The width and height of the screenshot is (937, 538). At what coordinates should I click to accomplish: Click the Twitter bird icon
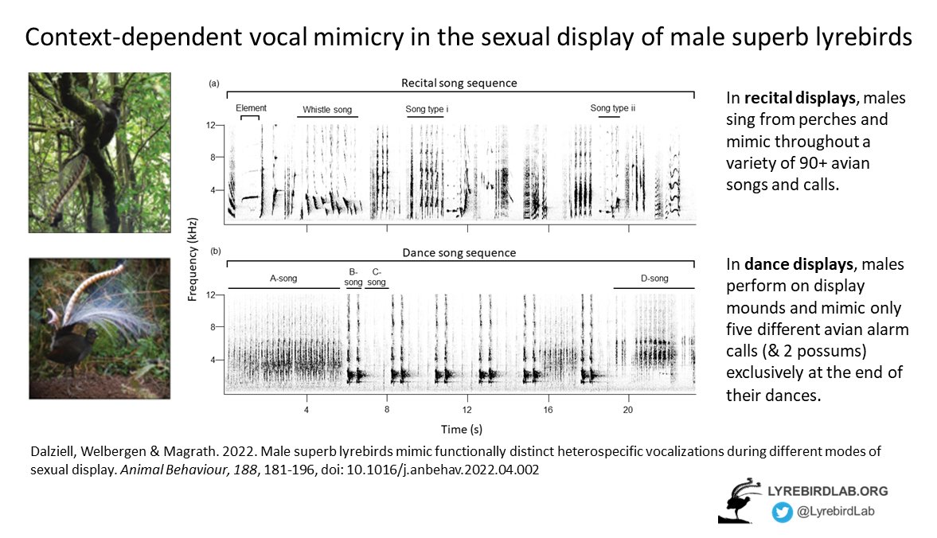[781, 513]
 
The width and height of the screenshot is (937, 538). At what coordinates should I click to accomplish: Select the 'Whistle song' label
[326, 109]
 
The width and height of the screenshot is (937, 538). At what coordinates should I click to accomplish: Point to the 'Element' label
[251, 107]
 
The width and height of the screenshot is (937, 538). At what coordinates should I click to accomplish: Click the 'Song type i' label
[428, 108]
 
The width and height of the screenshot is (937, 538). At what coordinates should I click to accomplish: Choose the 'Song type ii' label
[612, 107]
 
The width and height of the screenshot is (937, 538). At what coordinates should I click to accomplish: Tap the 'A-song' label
[283, 279]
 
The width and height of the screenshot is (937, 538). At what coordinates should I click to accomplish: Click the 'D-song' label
[654, 279]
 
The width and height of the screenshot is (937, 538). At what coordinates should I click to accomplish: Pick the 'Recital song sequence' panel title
[459, 83]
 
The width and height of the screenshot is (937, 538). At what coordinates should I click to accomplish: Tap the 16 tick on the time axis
[548, 410]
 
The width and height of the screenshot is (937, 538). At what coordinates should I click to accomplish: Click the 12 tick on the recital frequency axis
[211, 126]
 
